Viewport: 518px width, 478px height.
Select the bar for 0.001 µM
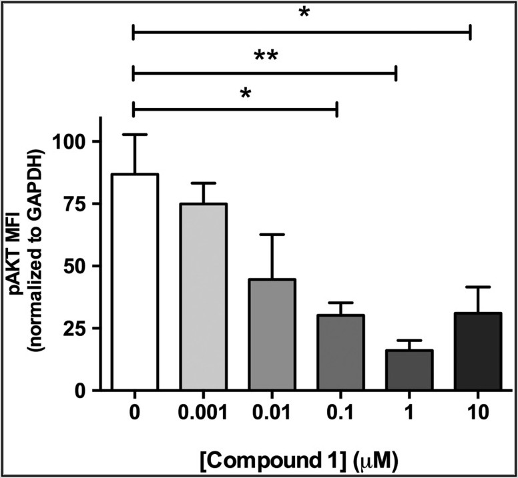coord(204,297)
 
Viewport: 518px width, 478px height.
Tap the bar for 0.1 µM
coord(340,353)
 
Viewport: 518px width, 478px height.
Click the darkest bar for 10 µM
coord(477,351)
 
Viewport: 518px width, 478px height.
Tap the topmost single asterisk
coord(304,13)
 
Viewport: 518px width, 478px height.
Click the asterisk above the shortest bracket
coord(246,93)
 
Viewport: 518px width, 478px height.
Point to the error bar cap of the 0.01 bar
coord(272,235)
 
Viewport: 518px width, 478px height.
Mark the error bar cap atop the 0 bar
coord(135,135)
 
